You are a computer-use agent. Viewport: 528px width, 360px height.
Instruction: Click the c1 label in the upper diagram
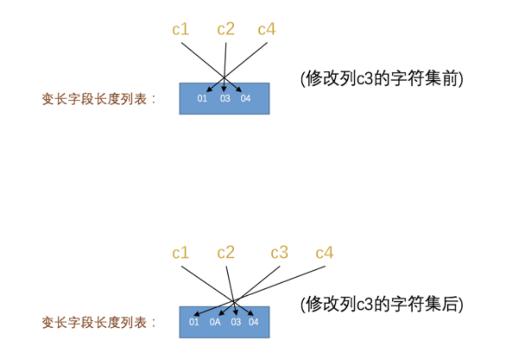pyautogui.click(x=180, y=30)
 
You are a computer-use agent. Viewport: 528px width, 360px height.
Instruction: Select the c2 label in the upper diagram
pyautogui.click(x=226, y=30)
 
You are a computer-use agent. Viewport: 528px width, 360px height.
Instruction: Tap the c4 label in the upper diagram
pyautogui.click(x=267, y=30)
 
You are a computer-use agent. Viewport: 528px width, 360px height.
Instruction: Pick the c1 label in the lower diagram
pyautogui.click(x=180, y=253)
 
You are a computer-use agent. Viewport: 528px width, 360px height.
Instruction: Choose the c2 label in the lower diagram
pyautogui.click(x=226, y=253)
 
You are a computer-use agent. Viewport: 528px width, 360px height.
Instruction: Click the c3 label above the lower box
pyautogui.click(x=279, y=253)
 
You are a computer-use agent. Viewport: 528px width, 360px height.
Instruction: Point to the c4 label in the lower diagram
pyautogui.click(x=324, y=253)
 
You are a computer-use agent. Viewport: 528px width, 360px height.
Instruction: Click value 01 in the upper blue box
pyautogui.click(x=202, y=98)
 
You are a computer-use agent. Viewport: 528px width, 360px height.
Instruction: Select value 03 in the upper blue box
pyautogui.click(x=225, y=98)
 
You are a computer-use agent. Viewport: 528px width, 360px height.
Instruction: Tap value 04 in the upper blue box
pyautogui.click(x=245, y=98)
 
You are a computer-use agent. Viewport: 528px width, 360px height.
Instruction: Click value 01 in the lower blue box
pyautogui.click(x=194, y=322)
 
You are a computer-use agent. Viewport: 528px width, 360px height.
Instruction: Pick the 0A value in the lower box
pyautogui.click(x=215, y=322)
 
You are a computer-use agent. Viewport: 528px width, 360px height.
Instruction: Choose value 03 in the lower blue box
pyautogui.click(x=236, y=322)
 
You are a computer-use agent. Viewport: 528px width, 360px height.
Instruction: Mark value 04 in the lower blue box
pyautogui.click(x=254, y=322)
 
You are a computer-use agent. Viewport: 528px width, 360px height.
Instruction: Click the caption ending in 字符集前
pyautogui.click(x=382, y=79)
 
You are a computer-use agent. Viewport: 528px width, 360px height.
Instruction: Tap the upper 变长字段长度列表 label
pyautogui.click(x=98, y=99)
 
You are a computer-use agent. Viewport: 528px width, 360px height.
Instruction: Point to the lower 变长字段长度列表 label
pyautogui.click(x=98, y=322)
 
